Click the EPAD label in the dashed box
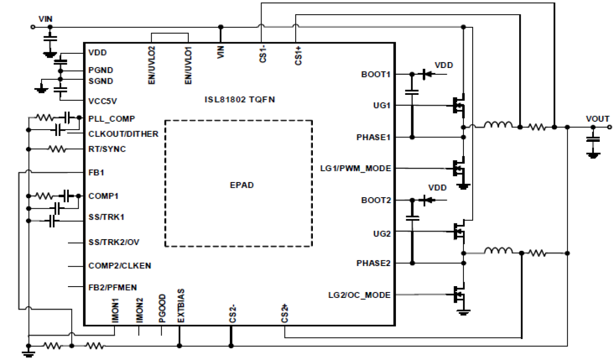242,185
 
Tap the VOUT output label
597,119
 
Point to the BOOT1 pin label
375,74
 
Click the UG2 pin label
381,234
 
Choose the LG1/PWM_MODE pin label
355,168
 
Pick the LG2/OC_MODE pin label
359,295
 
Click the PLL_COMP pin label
111,118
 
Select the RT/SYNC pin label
107,149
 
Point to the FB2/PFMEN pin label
113,287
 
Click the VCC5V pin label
103,101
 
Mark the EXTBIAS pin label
181,306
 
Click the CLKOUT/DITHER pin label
123,134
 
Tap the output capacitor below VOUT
593,139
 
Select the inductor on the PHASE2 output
498,251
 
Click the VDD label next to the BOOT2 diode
437,187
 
